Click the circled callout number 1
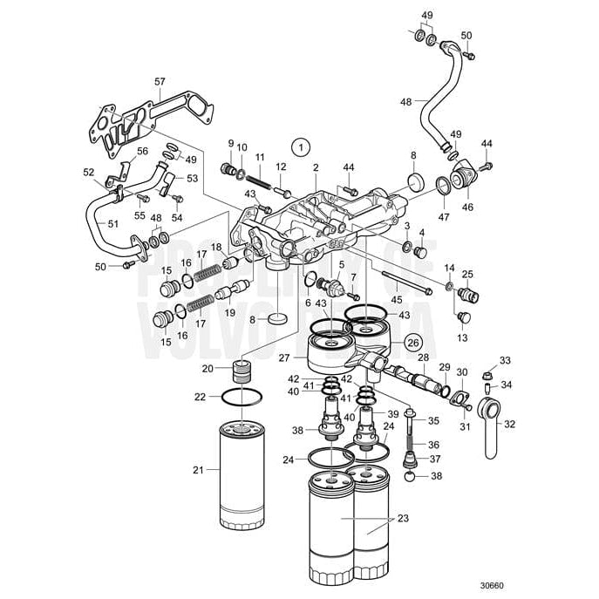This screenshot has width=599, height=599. (x=301, y=148)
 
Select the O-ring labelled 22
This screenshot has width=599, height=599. (x=240, y=397)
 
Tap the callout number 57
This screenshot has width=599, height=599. (x=160, y=82)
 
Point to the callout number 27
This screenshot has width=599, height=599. (x=283, y=357)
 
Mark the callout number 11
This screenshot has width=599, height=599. (x=259, y=156)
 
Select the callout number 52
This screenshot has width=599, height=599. (x=88, y=173)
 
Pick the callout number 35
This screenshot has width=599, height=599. (x=436, y=420)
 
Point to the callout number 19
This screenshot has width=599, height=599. (x=231, y=312)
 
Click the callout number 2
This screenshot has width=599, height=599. (x=316, y=167)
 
